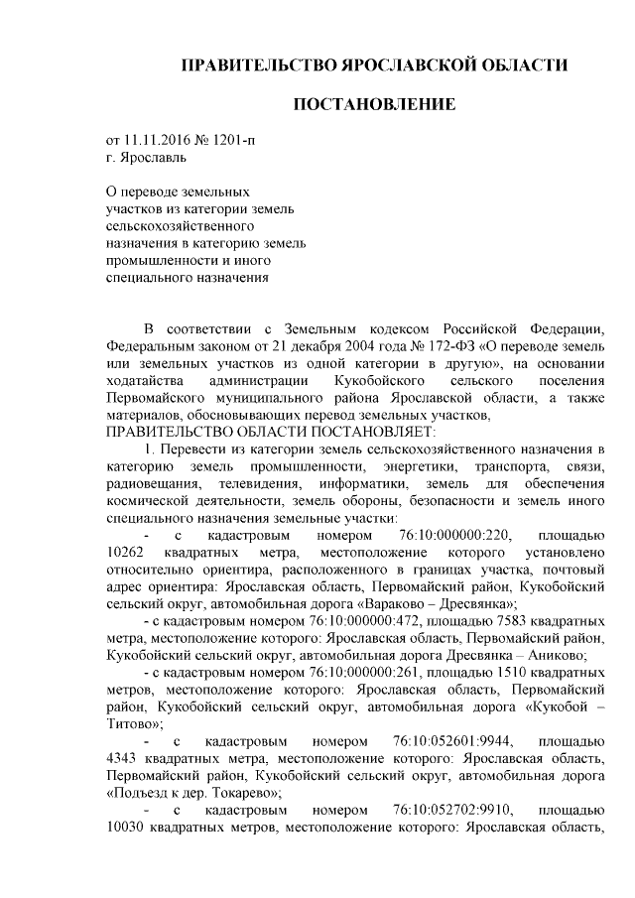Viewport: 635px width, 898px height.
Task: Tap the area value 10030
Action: [126, 828]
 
